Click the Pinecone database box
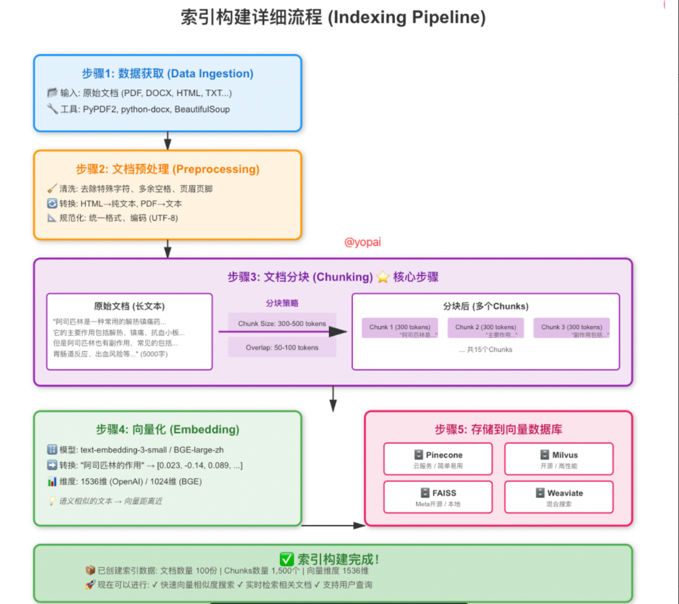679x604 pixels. click(x=438, y=460)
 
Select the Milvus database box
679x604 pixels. click(x=559, y=460)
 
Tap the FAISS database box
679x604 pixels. click(x=438, y=497)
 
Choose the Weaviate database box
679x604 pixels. click(x=559, y=497)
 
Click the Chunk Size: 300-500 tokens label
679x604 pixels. click(x=282, y=323)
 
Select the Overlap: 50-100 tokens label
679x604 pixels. click(x=282, y=348)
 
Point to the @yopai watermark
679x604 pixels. click(x=363, y=242)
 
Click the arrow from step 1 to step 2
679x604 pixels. click(x=168, y=141)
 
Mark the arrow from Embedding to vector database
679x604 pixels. click(x=332, y=525)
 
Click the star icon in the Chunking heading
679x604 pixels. click(x=383, y=277)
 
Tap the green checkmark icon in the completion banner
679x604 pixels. click(x=287, y=559)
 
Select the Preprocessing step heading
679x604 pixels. click(x=168, y=169)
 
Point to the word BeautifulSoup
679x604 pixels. click(x=201, y=109)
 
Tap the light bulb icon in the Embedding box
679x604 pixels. click(x=52, y=501)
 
